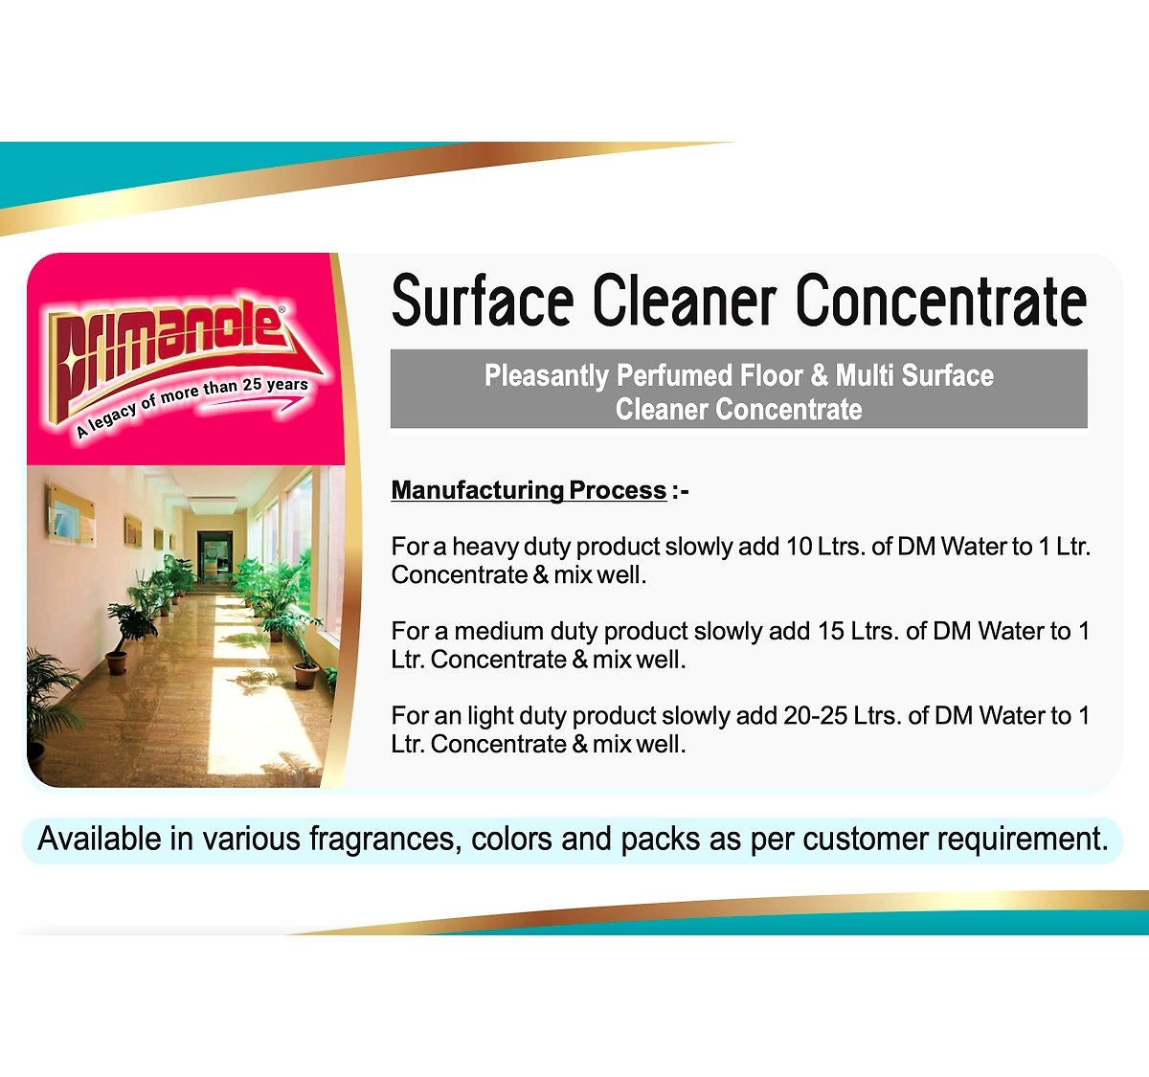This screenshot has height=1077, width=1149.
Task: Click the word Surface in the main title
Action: coord(482,302)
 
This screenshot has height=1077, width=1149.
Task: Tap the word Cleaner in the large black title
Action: coord(685,300)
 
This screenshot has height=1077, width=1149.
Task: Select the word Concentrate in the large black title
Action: coord(941,300)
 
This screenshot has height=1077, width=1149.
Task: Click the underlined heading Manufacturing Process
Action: coord(529,491)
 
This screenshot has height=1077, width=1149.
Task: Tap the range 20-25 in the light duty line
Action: coord(815,716)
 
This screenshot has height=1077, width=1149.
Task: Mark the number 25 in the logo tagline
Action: coord(252,384)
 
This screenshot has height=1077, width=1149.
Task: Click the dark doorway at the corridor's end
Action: coord(214,556)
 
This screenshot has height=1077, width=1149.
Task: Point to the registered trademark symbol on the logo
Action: coord(282,309)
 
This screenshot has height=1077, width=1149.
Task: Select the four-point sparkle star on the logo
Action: coord(74,360)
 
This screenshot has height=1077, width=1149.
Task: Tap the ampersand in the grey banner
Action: coord(820,375)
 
